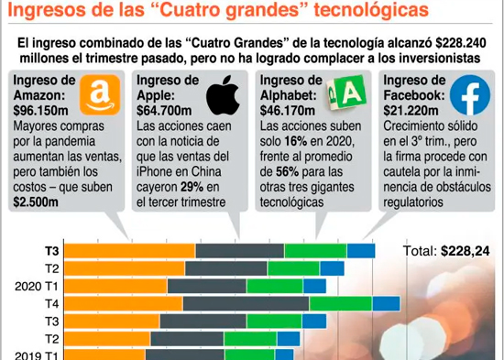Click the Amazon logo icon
coord(100,95)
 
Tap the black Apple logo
coord(223,95)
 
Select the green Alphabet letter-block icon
coord(346,93)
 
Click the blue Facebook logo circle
coord(470,95)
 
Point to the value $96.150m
coord(41,111)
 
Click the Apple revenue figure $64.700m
coord(164,111)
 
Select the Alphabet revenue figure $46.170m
coord(288,111)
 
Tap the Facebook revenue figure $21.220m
coord(411,111)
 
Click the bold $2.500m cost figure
coord(36,202)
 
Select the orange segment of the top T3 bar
coord(130,251)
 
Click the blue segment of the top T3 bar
coord(361,251)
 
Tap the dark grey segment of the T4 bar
coord(247,304)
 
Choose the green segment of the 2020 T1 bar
coord(275,286)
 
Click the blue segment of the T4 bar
coord(387,304)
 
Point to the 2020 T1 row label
coord(37,287)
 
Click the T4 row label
coord(52,304)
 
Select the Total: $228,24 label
coord(446,251)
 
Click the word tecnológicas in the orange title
coord(371,10)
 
